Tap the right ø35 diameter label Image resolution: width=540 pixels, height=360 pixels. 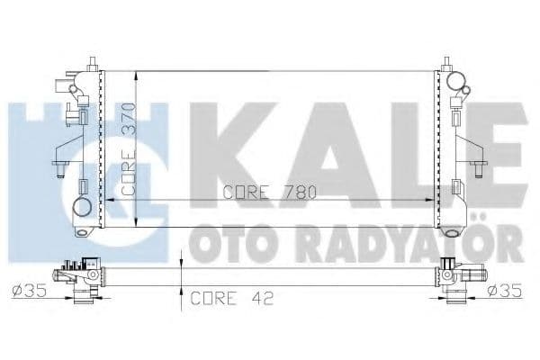[506, 291]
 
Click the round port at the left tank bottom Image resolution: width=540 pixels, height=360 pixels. [82, 209]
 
